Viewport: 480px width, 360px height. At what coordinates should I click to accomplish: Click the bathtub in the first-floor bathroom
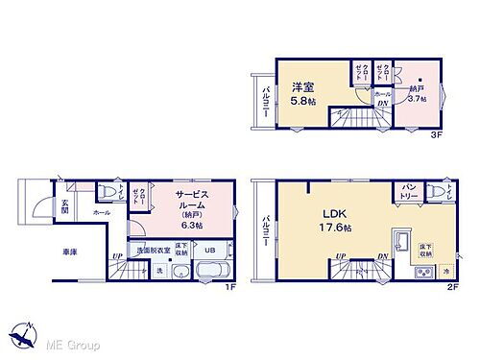pos(210,270)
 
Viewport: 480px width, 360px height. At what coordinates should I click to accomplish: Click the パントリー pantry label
pos(408,195)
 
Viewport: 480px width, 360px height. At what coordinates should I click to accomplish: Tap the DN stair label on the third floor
pos(382,104)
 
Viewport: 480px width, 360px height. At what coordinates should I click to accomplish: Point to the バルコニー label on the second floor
pos(264,230)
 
